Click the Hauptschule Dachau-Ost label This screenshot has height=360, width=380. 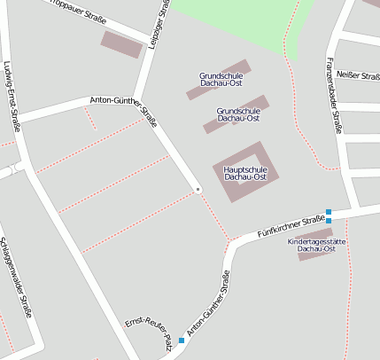click(245, 173)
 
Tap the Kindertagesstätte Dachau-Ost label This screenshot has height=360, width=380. click(316, 245)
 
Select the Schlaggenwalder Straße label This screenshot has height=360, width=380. click(16, 276)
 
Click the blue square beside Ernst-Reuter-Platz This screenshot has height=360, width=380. click(182, 340)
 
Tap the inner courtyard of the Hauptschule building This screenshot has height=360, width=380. click(241, 171)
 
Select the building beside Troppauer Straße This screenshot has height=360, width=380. click(121, 44)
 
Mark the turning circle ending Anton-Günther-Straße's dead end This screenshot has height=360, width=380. click(198, 189)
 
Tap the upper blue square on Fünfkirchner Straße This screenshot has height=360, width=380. click(329, 211)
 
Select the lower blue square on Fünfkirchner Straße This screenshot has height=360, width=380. click(329, 220)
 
